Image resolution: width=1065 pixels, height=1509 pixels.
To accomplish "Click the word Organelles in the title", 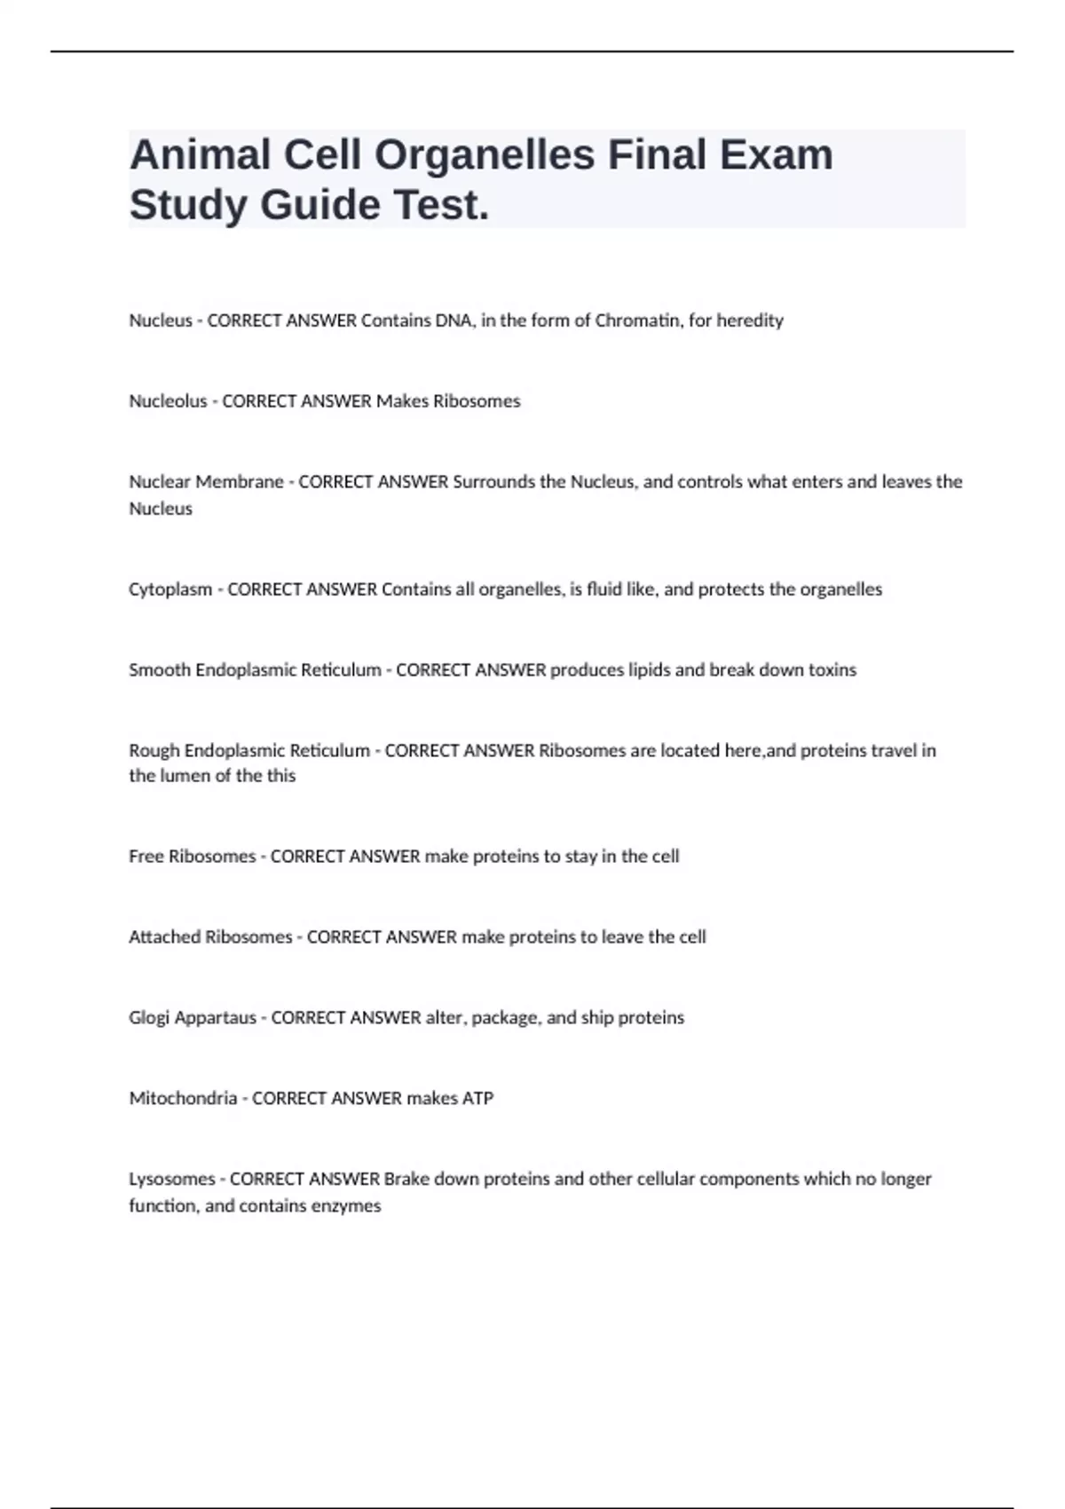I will point(484,155).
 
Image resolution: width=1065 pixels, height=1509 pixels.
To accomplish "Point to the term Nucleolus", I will point(168,401).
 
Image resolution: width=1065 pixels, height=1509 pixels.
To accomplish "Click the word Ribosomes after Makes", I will point(476,401).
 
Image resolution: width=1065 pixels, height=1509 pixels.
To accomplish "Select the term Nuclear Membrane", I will point(206,482).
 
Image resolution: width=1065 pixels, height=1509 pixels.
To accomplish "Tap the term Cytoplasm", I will point(170,589).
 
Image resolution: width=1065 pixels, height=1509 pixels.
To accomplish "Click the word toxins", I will point(832,670).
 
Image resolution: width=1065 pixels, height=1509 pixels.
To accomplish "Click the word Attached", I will point(165,937).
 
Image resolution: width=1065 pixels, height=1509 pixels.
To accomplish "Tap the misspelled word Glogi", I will point(148,1018).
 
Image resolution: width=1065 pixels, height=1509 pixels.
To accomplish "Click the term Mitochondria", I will point(183,1099).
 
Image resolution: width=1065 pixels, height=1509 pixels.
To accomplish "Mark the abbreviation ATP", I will point(477,1099).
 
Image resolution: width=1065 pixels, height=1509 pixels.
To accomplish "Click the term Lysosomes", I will point(172,1180).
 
